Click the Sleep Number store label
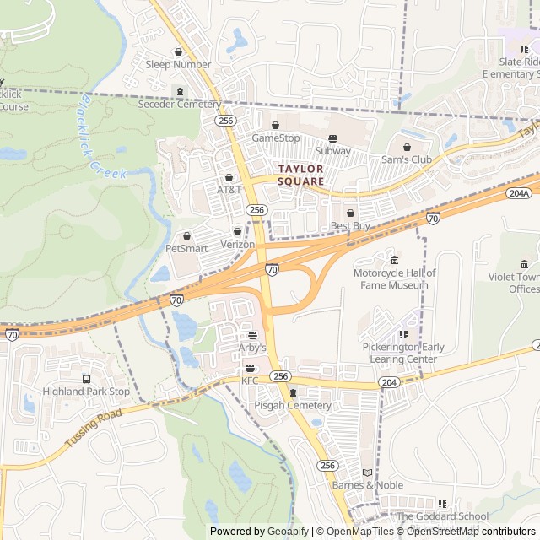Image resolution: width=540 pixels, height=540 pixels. click(x=178, y=64)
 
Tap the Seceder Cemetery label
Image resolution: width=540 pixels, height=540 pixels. click(x=179, y=105)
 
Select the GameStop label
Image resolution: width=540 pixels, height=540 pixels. click(x=276, y=138)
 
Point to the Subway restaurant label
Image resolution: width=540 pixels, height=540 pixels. click(x=332, y=151)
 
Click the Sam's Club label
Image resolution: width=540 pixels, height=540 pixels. click(x=407, y=159)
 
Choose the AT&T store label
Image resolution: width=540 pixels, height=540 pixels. click(x=229, y=190)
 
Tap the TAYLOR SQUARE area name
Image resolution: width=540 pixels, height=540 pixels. click(x=300, y=175)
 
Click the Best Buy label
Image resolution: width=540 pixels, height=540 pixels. click(x=350, y=226)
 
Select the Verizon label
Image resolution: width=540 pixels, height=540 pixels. click(x=237, y=244)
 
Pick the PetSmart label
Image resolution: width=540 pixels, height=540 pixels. click(x=186, y=248)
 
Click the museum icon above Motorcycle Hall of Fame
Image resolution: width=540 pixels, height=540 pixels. click(x=394, y=258)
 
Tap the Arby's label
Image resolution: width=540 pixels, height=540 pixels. click(x=251, y=348)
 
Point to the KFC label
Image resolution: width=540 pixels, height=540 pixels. click(x=250, y=381)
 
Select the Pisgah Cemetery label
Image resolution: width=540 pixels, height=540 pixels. click(x=293, y=406)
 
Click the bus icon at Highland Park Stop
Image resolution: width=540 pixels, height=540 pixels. click(x=86, y=379)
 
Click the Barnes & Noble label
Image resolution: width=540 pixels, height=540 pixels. click(x=367, y=485)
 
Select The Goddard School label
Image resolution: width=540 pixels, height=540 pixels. click(x=442, y=516)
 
